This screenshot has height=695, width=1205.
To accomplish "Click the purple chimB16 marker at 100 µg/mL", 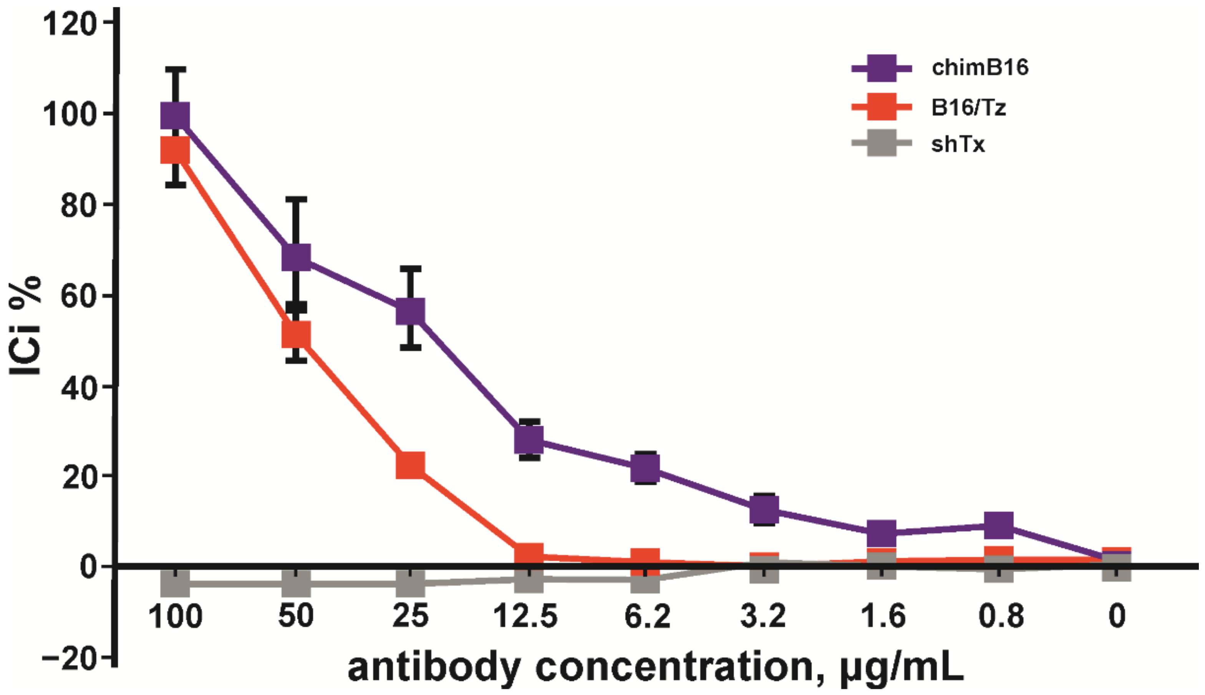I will tap(175, 116).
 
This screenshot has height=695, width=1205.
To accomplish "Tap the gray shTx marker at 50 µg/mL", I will tap(296, 583).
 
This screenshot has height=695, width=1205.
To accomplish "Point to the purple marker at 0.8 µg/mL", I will tap(999, 525).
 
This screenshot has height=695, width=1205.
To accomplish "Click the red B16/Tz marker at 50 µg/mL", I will tap(296, 334).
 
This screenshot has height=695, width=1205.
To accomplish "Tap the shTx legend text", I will tap(958, 144).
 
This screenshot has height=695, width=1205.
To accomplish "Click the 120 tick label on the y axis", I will tap(70, 24).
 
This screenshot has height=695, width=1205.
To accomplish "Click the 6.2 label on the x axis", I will tap(647, 616).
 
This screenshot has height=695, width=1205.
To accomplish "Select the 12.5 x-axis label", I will tap(525, 616).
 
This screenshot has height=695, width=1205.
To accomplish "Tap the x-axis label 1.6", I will tap(883, 616).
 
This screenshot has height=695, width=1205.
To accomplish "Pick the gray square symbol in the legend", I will tap(881, 143).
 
